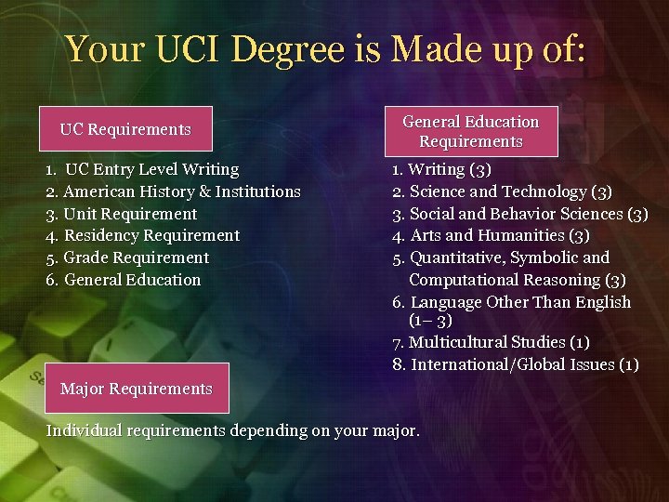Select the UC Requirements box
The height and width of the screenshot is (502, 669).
pyautogui.click(x=125, y=129)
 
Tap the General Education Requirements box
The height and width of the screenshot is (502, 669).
pyautogui.click(x=470, y=131)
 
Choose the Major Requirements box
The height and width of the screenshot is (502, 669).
pyautogui.click(x=136, y=389)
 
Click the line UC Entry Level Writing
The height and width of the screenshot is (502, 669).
pyautogui.click(x=151, y=169)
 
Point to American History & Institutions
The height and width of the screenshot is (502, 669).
pyautogui.click(x=181, y=192)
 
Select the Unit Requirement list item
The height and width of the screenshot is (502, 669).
pyautogui.click(x=130, y=214)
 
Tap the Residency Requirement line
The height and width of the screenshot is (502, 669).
pyautogui.click(x=151, y=235)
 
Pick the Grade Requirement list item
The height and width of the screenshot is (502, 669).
pyautogui.click(x=136, y=258)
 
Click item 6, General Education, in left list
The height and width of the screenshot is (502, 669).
pyautogui.click(x=131, y=280)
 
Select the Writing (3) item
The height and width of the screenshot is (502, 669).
pyautogui.click(x=450, y=169)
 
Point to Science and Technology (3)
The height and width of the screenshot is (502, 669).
pyautogui.click(x=510, y=192)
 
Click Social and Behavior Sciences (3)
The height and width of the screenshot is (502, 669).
pyautogui.click(x=529, y=214)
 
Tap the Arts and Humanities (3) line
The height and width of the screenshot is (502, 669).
pyautogui.click(x=500, y=235)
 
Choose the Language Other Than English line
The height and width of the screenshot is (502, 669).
pyautogui.click(x=520, y=302)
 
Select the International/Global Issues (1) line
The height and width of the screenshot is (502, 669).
pyautogui.click(x=524, y=364)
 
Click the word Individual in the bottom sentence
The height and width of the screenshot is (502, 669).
pyautogui.click(x=85, y=430)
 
